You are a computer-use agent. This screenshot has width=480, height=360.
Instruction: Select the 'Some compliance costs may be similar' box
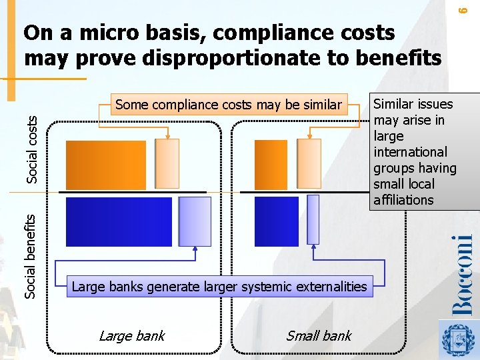point(228,105)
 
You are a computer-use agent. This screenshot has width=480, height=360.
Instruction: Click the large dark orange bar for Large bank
point(106,165)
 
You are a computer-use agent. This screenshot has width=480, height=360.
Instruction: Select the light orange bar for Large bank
point(167,164)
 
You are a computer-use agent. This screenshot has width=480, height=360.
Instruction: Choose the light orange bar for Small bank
point(309,164)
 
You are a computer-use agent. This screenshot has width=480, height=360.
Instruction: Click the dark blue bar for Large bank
point(119,221)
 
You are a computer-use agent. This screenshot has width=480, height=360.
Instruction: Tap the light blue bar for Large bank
point(195,221)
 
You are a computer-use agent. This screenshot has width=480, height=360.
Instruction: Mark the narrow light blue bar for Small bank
point(313,219)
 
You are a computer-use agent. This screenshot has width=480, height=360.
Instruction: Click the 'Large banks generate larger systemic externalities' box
point(219,287)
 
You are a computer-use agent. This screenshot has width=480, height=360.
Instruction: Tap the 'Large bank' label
point(131,336)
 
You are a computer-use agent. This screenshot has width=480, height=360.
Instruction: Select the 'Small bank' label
point(318,336)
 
